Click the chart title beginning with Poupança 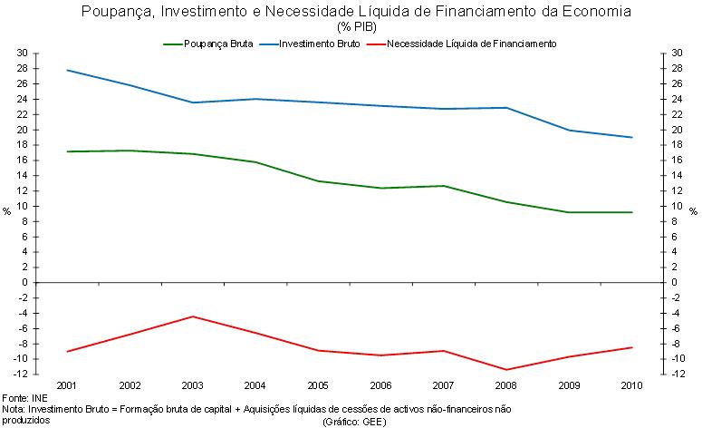pos(350,12)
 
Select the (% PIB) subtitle pos(350,26)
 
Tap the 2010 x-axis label pos(632,385)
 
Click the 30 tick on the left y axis pos(22,53)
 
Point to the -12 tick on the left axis pos(20,374)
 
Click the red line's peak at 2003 pos(193,316)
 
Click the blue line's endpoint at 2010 pos(632,138)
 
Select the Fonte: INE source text pos(26,398)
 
